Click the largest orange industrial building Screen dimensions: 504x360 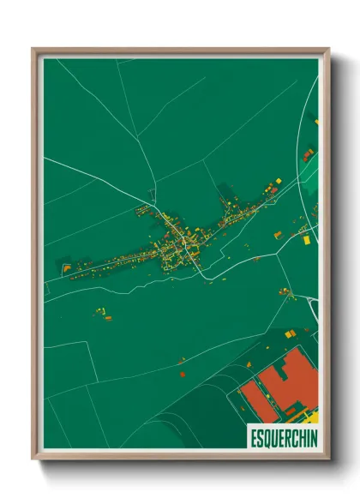pyautogui.click(x=297, y=377)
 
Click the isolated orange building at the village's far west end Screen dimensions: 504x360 pyautogui.click(x=67, y=268)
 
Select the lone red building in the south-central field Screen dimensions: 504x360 pyautogui.click(x=183, y=373)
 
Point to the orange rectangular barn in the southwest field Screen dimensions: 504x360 pyautogui.click(x=108, y=319)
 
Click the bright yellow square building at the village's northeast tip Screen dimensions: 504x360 pyautogui.click(x=277, y=180)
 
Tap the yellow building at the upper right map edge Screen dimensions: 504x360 pyautogui.click(x=315, y=123)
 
